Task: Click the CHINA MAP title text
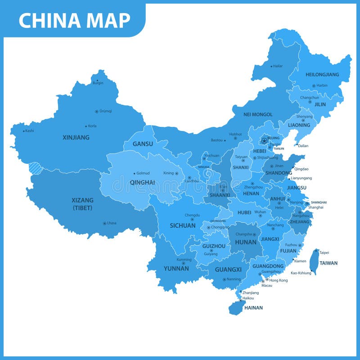75,20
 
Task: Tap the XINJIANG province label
76,137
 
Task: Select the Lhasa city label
112,223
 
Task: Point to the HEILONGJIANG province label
322,75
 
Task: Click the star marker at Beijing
264,141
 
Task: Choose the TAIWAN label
328,263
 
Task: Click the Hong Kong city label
278,280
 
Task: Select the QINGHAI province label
142,182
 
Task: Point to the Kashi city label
30,130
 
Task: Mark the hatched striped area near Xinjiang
35,168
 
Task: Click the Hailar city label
278,66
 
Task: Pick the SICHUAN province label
183,225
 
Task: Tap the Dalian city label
303,145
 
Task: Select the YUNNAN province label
176,269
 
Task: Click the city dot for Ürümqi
96,111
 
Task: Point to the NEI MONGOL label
258,114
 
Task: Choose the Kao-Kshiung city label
301,273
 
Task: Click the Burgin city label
98,83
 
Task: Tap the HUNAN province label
246,242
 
